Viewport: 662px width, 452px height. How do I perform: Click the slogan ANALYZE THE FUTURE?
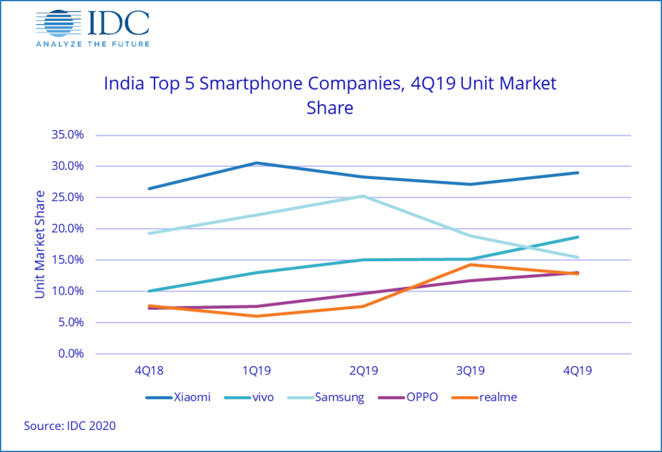coord(92,43)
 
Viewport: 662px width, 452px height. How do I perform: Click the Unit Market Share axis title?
coord(40,244)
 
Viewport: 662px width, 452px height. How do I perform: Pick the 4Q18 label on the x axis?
coord(150,371)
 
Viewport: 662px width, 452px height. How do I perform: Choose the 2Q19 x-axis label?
coord(363,371)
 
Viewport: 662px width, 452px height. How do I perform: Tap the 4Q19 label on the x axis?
coord(577,371)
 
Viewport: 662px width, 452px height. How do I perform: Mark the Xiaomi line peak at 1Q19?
coord(257,163)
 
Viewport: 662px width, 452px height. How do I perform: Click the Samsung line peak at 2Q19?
coord(363,196)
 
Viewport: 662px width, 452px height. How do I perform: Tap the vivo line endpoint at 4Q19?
coord(577,237)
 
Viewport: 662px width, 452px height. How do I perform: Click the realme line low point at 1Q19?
coord(257,316)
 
